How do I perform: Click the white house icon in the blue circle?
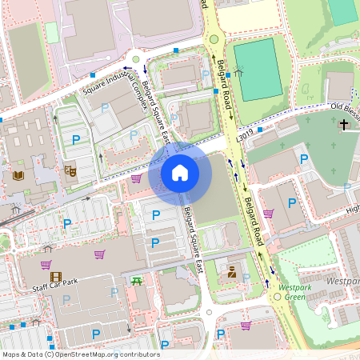point(180,172)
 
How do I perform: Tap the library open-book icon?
point(18,175)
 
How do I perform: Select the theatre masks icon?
point(70,170)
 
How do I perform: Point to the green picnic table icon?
point(137,279)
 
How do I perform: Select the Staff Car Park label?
point(55,286)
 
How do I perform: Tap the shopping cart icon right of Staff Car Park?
point(100,254)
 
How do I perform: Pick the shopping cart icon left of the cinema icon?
point(46,265)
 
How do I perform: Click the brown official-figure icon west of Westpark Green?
point(231,272)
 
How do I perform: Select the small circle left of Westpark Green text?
point(278,297)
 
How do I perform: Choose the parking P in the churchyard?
point(303,159)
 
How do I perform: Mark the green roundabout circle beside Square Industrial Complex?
point(136,59)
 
